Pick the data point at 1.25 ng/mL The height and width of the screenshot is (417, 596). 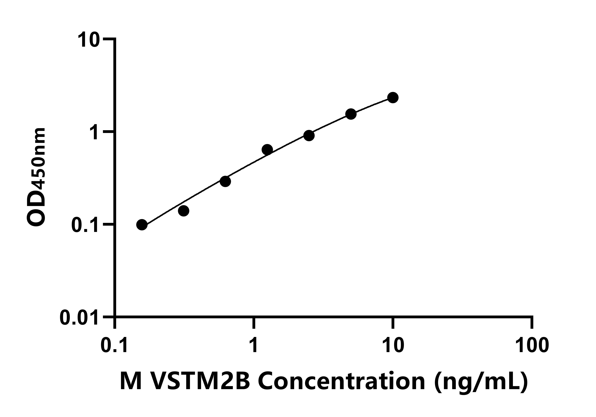pyautogui.click(x=267, y=150)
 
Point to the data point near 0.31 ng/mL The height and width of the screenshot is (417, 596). pyautogui.click(x=183, y=211)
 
